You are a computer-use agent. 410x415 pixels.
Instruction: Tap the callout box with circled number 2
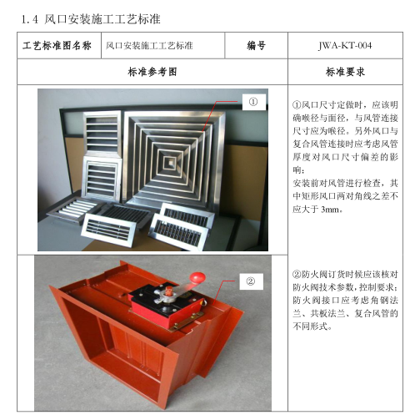tap(251, 280)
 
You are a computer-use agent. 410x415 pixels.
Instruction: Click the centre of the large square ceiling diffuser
tap(174, 157)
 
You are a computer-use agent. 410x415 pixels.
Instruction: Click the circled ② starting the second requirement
tap(297, 274)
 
